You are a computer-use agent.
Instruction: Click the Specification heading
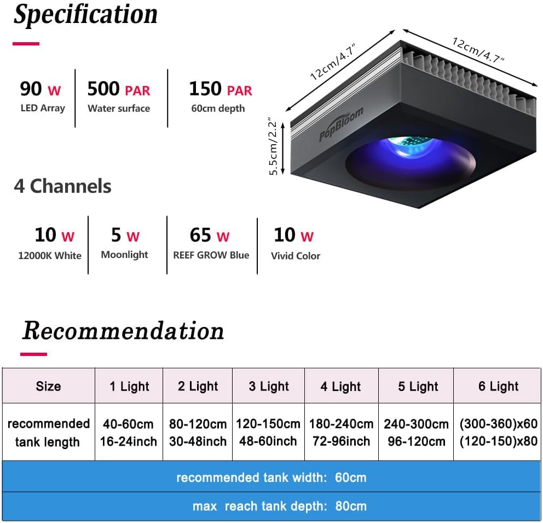pos(85,15)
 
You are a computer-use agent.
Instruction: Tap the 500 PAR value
pos(118,89)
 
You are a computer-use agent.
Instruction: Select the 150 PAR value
pos(221,89)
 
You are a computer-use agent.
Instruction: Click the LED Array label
pos(43,108)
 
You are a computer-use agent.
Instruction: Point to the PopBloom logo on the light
pos(341,125)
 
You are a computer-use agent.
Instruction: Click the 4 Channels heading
pos(62,186)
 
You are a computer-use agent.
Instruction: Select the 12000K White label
pos(50,255)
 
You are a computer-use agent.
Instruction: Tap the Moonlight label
pos(124,255)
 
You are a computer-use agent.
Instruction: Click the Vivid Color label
pos(296,255)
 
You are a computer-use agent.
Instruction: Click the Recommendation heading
pos(123,331)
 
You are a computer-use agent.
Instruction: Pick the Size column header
pos(48,386)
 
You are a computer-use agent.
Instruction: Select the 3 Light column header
pos(269,386)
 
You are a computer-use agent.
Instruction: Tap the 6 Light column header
pos(498,386)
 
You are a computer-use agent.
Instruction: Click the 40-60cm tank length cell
pos(128,432)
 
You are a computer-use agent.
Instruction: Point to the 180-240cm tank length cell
pos(341,432)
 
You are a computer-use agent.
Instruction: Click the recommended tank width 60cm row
pos(271,477)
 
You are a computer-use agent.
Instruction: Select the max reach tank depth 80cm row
pos(271,507)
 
